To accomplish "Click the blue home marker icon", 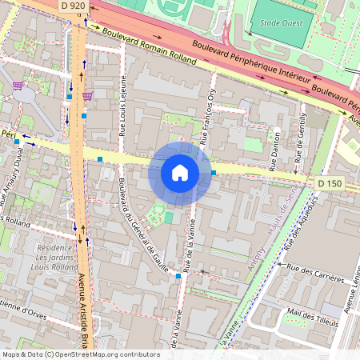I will tap(179, 173).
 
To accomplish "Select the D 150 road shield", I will tap(330, 184).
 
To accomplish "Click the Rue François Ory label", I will tap(212, 116).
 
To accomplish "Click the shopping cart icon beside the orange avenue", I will tap(87, 95).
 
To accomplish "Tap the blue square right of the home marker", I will tap(214, 172).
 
